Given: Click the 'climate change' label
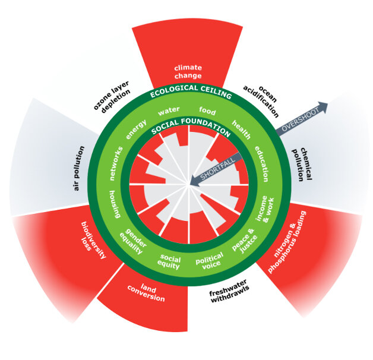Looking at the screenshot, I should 188,72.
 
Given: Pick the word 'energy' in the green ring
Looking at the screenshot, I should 136,130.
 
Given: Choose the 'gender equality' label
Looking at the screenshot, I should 134,241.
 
